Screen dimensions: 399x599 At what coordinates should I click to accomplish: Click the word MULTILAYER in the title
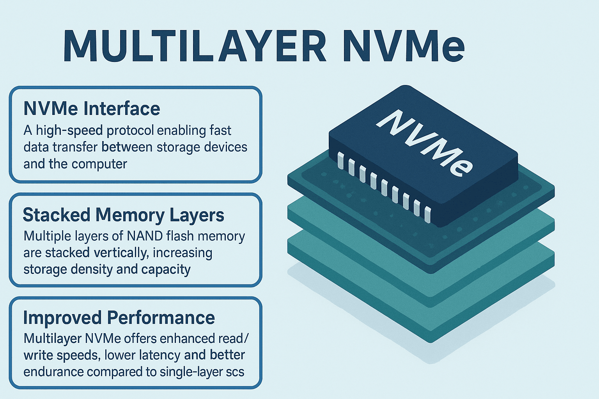[x=194, y=46]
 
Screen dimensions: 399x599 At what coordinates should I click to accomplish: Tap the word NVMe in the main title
[x=403, y=46]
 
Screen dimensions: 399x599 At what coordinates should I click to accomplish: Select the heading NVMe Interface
[x=92, y=109]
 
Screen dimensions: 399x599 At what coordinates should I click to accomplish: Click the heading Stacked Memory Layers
[x=123, y=215]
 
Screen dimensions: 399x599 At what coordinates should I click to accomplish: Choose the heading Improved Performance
[x=119, y=318]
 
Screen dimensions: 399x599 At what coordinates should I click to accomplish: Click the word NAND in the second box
[x=145, y=236]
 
